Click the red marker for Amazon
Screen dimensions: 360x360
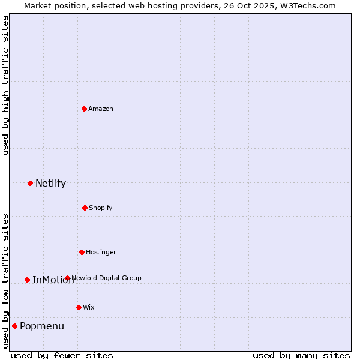point(84,109)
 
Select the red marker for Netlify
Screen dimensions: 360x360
point(30,183)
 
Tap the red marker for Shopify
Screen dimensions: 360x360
point(85,208)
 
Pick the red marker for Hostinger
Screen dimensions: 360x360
point(82,252)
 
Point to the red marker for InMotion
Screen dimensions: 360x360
point(27,280)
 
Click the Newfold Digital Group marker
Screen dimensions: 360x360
point(67,278)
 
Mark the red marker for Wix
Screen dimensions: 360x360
point(79,307)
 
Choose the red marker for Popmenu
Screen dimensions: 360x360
point(14,326)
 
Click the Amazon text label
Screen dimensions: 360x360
point(101,109)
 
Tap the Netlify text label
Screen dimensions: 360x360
point(50,183)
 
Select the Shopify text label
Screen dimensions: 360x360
point(101,208)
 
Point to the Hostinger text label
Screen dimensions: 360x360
point(101,252)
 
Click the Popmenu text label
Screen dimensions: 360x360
point(42,326)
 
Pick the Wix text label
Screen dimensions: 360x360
point(89,307)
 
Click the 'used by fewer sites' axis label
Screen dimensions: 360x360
point(62,355)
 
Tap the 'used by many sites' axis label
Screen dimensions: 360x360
point(301,355)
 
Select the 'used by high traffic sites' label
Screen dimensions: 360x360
point(5,85)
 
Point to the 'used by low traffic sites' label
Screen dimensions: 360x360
point(5,280)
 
